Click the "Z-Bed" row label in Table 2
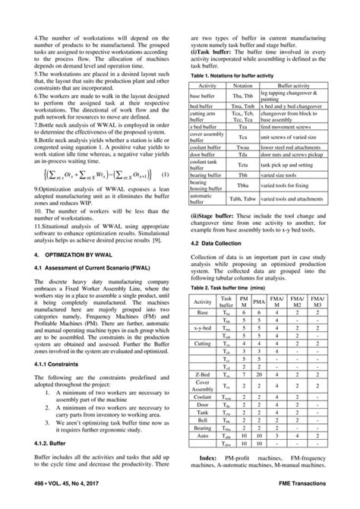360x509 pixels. (x=202, y=375)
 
